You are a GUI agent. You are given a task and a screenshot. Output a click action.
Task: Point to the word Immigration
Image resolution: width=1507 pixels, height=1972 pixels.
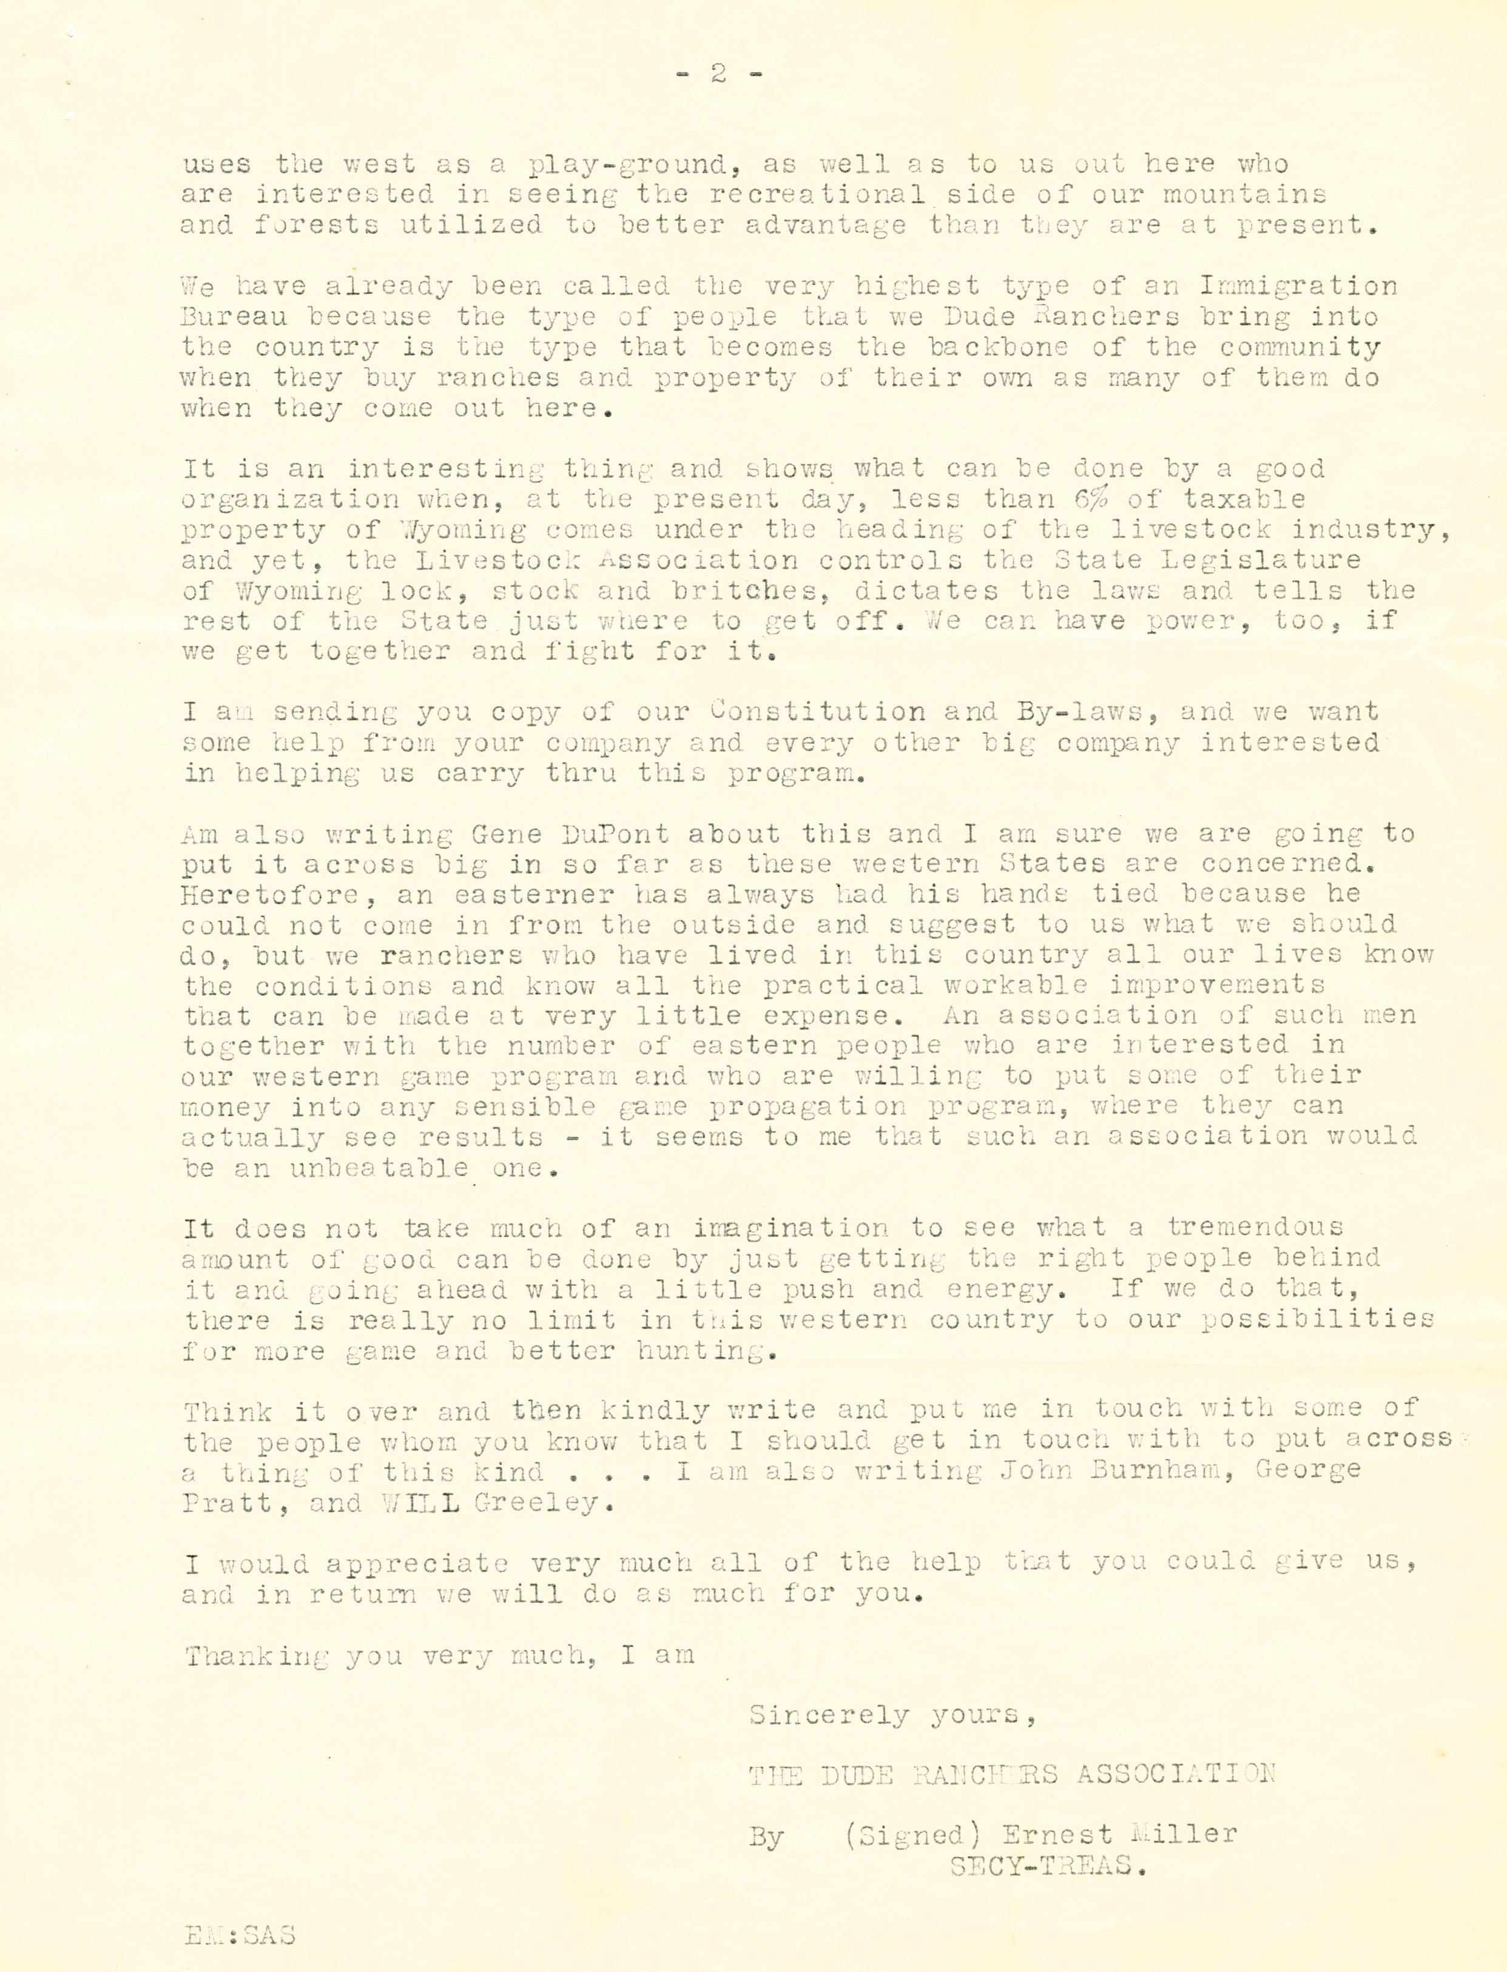(x=1297, y=287)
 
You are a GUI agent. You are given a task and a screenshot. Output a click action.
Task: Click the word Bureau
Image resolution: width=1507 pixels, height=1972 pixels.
(x=235, y=317)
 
